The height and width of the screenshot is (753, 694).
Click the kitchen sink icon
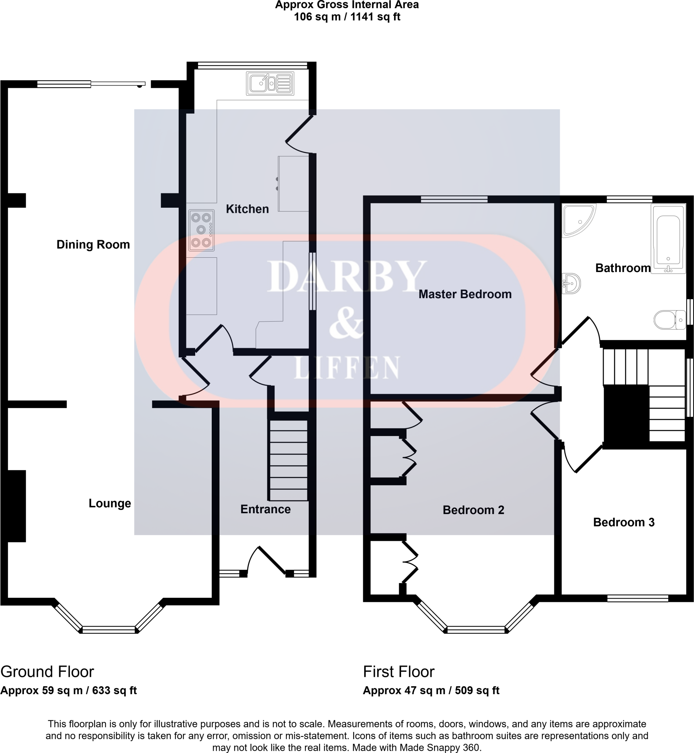click(x=270, y=83)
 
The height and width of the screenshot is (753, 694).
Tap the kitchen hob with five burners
click(x=201, y=230)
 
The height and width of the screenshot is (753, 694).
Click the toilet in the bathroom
click(x=669, y=320)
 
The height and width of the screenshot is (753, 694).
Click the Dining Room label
click(x=93, y=245)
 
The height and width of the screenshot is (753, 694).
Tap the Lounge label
click(x=110, y=503)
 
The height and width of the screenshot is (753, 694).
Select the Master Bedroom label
click(x=465, y=294)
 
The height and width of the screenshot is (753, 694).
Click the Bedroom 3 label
click(x=623, y=522)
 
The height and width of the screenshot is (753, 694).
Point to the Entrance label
click(x=265, y=509)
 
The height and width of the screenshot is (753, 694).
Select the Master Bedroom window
click(x=454, y=199)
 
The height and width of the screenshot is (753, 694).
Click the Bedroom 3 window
click(x=637, y=598)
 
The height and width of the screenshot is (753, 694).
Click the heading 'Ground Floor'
click(x=47, y=672)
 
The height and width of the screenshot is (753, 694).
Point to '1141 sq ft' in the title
click(x=375, y=17)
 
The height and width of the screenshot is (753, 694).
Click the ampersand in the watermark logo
click(x=346, y=322)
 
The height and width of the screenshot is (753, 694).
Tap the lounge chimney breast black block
click(x=16, y=506)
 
